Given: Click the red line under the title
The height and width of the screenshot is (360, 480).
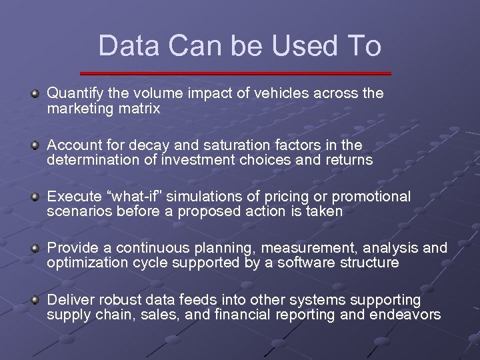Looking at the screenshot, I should pos(235,73).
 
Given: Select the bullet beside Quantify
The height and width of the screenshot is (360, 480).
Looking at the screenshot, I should pos(35,94).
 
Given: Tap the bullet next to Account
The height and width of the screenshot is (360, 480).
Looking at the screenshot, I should pos(35,145).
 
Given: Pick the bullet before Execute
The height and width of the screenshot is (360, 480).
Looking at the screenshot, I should pos(35,197).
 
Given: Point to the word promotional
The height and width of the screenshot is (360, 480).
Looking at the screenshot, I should pos(371,197).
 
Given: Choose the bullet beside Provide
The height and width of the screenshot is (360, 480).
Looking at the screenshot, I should pos(35,249).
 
